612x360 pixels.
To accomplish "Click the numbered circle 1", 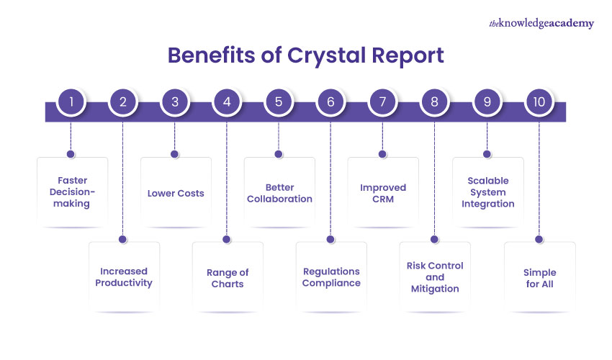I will (x=71, y=102).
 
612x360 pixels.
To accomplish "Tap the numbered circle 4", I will (x=227, y=102).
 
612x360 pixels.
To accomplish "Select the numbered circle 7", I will (x=382, y=102).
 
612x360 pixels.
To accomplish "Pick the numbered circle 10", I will (x=539, y=102).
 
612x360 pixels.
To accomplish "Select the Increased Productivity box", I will (x=124, y=277).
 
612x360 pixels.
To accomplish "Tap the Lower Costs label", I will (x=176, y=193).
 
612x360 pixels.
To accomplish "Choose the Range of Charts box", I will (x=228, y=277).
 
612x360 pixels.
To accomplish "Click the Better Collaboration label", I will (x=279, y=193).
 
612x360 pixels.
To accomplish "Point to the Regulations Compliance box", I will (x=331, y=277).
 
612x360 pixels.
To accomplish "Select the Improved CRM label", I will (x=383, y=193).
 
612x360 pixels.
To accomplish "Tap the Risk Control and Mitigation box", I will (x=435, y=277).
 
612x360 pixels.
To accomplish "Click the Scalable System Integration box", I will (x=487, y=193).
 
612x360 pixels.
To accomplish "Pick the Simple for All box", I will (x=539, y=277).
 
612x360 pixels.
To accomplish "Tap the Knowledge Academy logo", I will (x=541, y=23).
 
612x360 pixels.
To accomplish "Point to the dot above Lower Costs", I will (x=174, y=153).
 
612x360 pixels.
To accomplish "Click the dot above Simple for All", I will (x=538, y=238).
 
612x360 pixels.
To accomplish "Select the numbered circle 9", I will (x=487, y=102).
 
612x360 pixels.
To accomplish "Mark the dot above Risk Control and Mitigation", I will (x=434, y=238).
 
